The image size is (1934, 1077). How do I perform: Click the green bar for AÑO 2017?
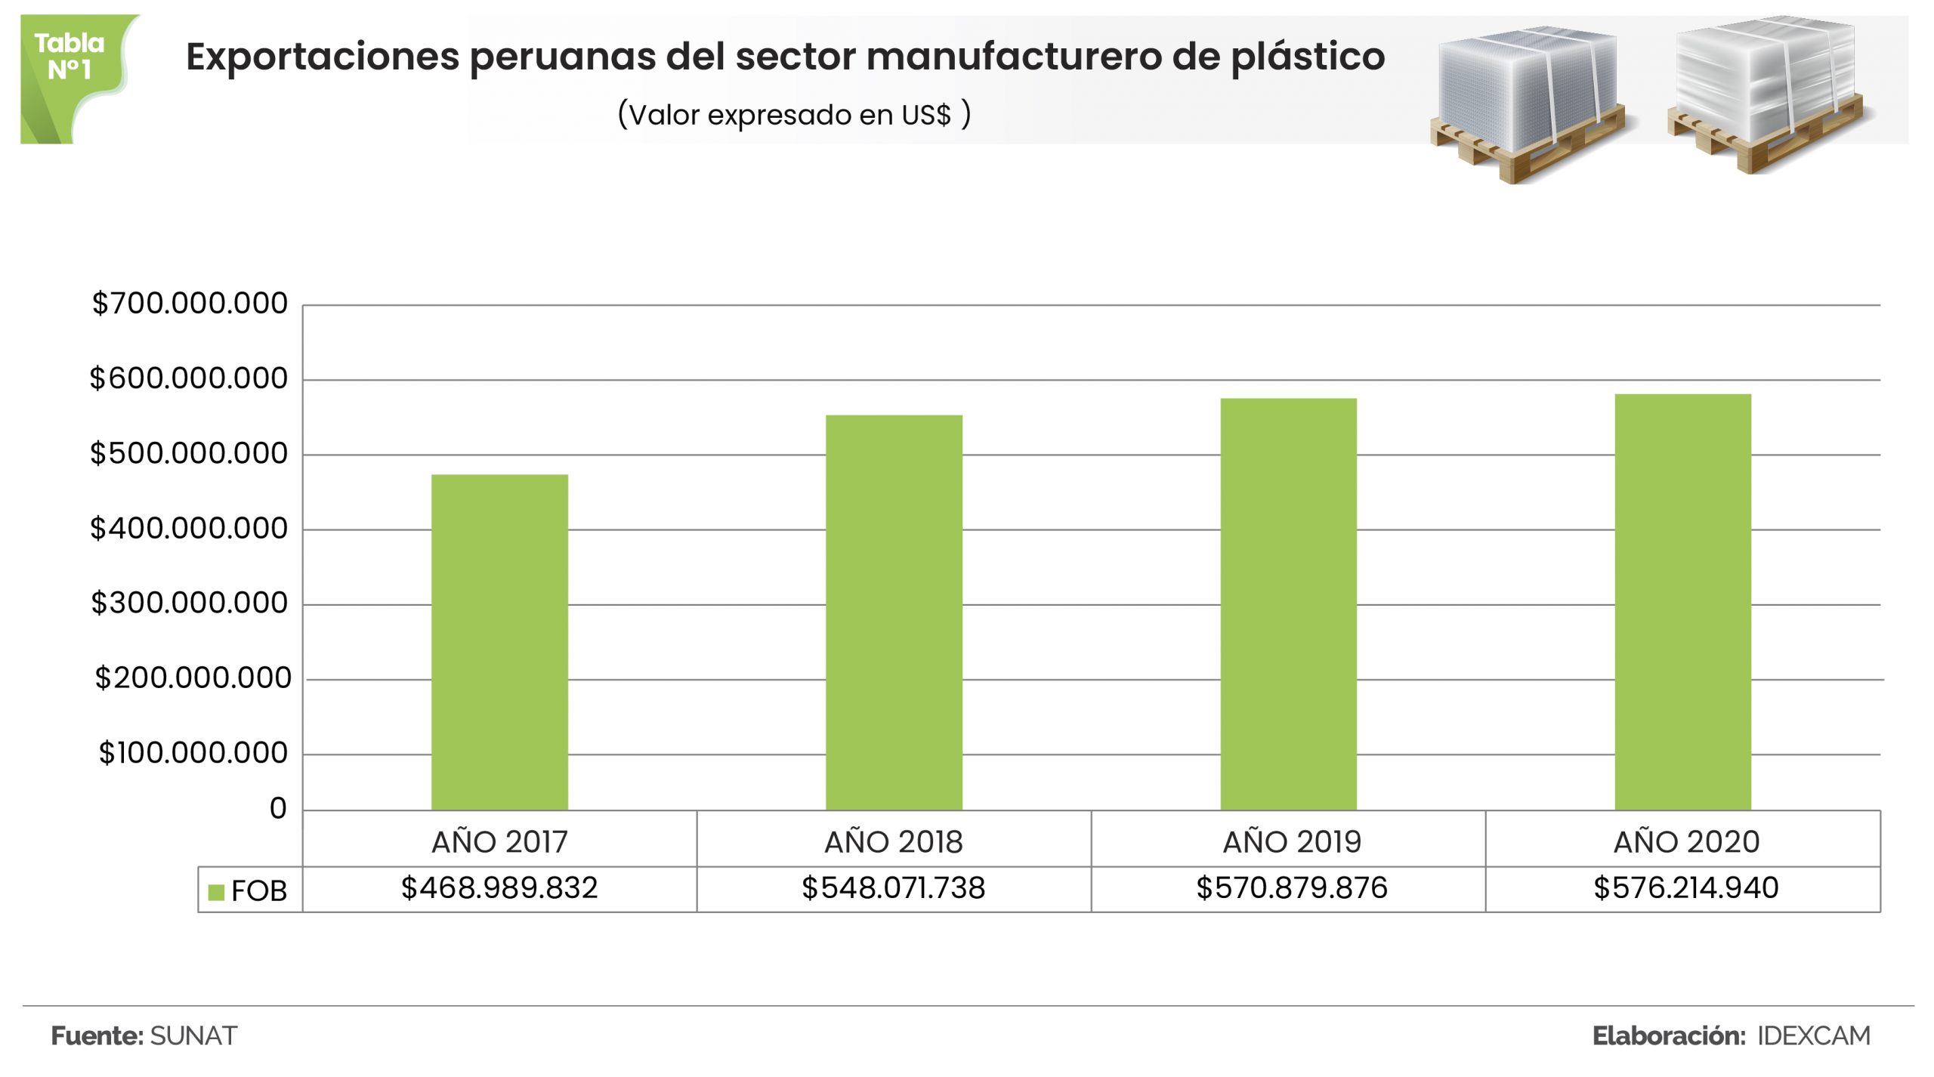(x=499, y=642)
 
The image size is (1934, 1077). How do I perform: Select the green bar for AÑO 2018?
(x=894, y=613)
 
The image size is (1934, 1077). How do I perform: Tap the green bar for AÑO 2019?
(x=1288, y=604)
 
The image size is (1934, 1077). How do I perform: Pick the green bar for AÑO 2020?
(x=1682, y=602)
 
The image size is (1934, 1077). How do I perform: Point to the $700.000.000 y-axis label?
(x=190, y=304)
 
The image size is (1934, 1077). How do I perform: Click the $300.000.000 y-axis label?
(x=190, y=603)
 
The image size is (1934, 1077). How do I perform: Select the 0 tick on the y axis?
(x=278, y=809)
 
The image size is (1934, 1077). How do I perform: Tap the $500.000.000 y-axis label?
(x=189, y=453)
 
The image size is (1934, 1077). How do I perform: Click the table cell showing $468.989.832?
(x=499, y=888)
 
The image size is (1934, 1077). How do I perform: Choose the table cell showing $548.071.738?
(x=894, y=888)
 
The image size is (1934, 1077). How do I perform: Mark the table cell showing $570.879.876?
(x=1291, y=888)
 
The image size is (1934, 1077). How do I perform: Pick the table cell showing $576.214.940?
(x=1685, y=888)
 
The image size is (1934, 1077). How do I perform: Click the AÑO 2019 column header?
(x=1291, y=841)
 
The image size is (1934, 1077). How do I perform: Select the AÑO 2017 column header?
(x=499, y=841)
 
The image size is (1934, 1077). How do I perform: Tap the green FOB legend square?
(x=216, y=892)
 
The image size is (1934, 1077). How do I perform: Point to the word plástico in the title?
(x=1308, y=57)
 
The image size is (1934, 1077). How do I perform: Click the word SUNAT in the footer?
(x=193, y=1035)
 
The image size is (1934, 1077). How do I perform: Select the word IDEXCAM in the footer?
(x=1813, y=1035)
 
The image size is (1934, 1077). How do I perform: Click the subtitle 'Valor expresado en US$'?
(x=793, y=115)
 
